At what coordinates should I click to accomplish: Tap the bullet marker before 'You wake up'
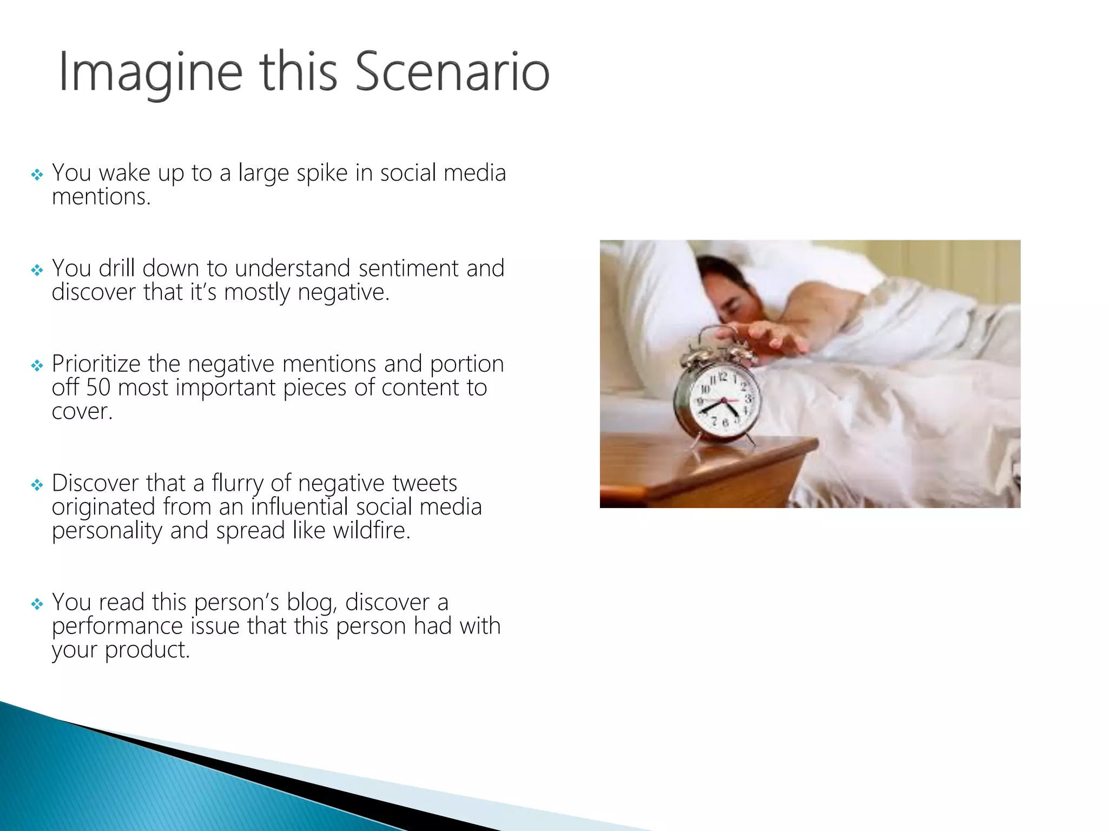point(37,175)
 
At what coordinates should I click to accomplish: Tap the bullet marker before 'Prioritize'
point(37,366)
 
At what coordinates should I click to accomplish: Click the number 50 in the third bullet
point(98,388)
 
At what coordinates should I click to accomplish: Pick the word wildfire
point(372,531)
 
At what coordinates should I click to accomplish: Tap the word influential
point(299,507)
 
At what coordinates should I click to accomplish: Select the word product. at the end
point(147,650)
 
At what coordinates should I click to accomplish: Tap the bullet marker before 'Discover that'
point(37,485)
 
